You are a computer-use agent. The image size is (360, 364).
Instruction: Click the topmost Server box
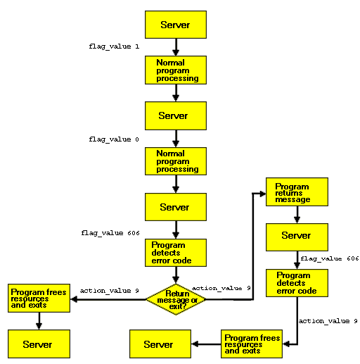pos(176,25)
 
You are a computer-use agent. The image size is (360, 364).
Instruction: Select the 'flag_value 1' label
pos(114,46)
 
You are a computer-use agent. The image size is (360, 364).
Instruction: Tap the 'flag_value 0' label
pos(114,139)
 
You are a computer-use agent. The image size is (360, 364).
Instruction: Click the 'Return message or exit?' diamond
pos(176,299)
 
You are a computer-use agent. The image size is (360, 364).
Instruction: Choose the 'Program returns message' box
pos(297,192)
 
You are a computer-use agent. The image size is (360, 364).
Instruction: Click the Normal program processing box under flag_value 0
pos(176,161)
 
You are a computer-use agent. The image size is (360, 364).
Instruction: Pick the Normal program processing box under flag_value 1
pos(176,70)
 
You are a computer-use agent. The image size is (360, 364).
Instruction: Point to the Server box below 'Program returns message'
pos(297,237)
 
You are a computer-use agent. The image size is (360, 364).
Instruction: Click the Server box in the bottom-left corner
pos(39,344)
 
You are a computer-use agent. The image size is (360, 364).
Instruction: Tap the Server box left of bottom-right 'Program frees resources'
pos(160,344)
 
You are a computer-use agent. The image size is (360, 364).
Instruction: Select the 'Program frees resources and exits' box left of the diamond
pos(39,298)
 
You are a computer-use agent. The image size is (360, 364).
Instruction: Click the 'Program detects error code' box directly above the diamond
pos(176,253)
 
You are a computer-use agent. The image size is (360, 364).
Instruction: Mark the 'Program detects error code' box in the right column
pos(297,283)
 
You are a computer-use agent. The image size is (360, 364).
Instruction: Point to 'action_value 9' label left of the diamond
pos(110,291)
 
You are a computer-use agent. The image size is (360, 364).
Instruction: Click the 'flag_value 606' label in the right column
pos(330,258)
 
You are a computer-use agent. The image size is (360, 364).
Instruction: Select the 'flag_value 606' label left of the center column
pos(110,233)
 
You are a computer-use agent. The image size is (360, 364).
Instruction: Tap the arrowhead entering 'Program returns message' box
pos(263,194)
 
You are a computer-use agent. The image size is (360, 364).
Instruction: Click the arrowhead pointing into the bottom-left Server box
pos(39,327)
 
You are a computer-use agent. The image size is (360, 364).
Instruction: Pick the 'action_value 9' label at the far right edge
pos(328,321)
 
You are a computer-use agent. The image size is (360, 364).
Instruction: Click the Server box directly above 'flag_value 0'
pos(176,115)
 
